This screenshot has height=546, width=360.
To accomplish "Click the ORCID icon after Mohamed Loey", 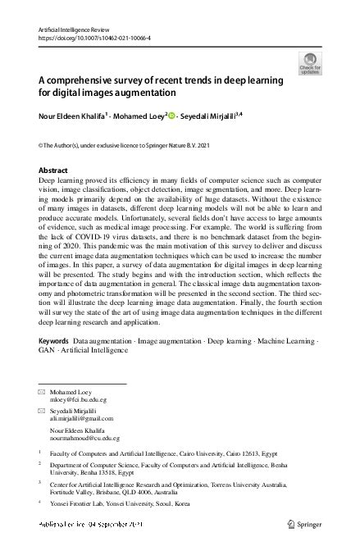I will [x=173, y=116].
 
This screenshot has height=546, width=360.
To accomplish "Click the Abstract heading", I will [x=53, y=171].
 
